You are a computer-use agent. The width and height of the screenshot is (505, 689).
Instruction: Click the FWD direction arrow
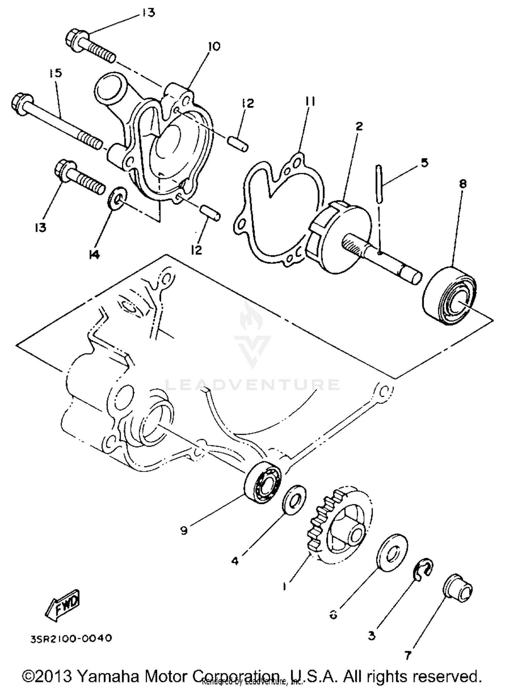pyautogui.click(x=63, y=606)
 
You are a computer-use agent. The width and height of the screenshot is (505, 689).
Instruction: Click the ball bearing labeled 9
pyautogui.click(x=264, y=482)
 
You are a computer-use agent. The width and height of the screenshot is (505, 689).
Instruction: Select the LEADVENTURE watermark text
pyautogui.click(x=252, y=385)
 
